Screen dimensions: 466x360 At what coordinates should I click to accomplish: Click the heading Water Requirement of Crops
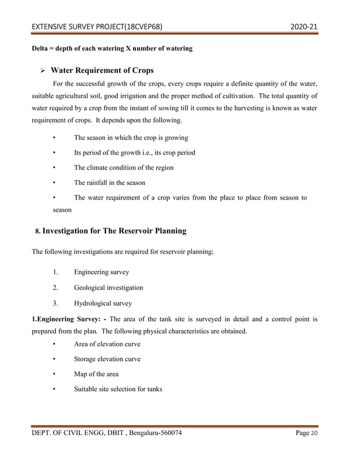102,71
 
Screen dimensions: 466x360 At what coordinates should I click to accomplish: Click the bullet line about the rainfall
109,183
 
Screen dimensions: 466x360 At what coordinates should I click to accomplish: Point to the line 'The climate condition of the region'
124,168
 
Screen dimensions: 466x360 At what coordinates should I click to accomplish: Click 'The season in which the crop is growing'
131,138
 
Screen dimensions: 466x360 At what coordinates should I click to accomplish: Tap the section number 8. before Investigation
37,232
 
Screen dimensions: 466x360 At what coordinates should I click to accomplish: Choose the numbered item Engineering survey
101,272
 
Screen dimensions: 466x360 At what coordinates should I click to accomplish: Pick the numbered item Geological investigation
108,287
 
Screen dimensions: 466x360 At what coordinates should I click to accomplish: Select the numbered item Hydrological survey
102,302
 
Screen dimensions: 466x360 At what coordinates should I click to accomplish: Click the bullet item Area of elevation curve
107,344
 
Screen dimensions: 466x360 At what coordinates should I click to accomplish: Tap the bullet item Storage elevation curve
107,359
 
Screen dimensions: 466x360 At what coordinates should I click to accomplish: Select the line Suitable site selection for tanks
118,389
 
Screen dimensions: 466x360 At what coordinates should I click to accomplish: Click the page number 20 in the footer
322,433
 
